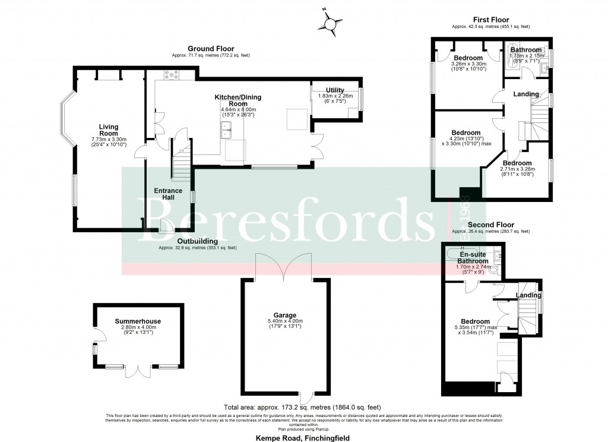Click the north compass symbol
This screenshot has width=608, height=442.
(x=331, y=23)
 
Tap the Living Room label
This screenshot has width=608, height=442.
(x=109, y=130)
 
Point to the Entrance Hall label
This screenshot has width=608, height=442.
(x=168, y=194)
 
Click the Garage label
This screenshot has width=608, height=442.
(x=286, y=315)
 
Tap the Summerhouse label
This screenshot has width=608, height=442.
(x=138, y=321)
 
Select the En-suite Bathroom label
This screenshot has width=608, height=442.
(x=473, y=257)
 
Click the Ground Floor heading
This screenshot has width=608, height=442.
(x=211, y=49)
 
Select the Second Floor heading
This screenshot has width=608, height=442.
(x=490, y=225)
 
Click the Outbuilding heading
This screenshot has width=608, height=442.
(x=197, y=241)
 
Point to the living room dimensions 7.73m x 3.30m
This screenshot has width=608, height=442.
(x=109, y=139)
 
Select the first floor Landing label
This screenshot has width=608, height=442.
(x=526, y=94)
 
